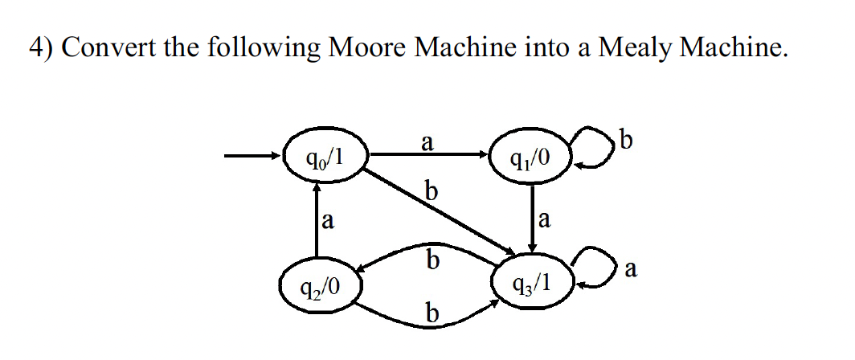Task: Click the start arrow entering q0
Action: pos(252,156)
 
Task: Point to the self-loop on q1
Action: pos(598,151)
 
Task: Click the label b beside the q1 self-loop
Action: pos(628,141)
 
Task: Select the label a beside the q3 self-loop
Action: pos(631,272)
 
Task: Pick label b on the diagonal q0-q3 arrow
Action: pos(432,192)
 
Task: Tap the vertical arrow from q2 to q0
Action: pos(317,220)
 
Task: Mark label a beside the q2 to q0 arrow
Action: pos(328,219)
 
